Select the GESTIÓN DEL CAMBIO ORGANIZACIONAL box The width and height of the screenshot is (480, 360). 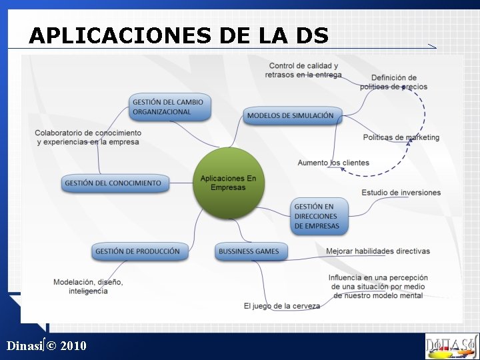pyautogui.click(x=170, y=107)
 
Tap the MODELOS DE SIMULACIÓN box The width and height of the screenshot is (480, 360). pyautogui.click(x=291, y=115)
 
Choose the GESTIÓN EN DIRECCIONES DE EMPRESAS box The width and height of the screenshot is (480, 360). pyautogui.click(x=318, y=216)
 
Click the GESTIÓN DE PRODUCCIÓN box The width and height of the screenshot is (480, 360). pyautogui.click(x=138, y=251)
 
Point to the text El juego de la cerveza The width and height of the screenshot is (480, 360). pyautogui.click(x=281, y=306)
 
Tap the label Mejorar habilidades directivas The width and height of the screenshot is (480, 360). pyautogui.click(x=378, y=251)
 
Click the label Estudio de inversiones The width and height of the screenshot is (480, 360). pyautogui.click(x=401, y=193)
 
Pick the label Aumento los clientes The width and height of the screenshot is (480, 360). pyautogui.click(x=333, y=163)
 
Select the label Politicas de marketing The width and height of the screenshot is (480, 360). pyautogui.click(x=401, y=137)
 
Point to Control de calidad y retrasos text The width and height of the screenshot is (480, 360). pyautogui.click(x=303, y=70)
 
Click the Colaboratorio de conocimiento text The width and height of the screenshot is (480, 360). pyautogui.click(x=88, y=137)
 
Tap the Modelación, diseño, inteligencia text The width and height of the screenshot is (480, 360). pyautogui.click(x=88, y=287)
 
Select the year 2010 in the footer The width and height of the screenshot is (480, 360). pyautogui.click(x=73, y=345)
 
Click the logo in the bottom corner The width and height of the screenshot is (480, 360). pyautogui.click(x=451, y=346)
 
